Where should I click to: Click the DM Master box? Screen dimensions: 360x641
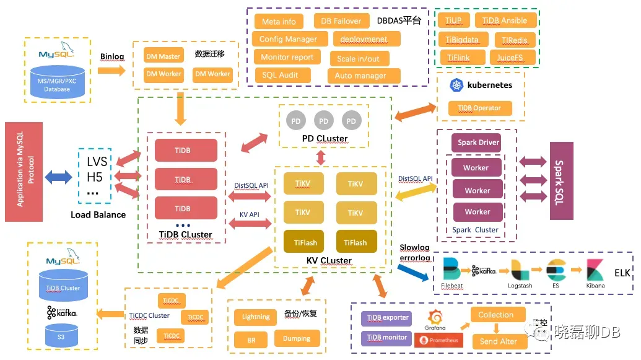click(164, 56)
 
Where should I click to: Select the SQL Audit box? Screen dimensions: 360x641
click(280, 75)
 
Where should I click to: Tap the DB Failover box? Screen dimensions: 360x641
click(341, 21)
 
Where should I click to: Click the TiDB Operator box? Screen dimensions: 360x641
click(480, 108)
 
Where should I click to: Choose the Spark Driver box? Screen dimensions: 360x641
click(478, 143)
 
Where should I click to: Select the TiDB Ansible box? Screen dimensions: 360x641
click(505, 20)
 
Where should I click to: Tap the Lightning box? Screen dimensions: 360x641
click(256, 317)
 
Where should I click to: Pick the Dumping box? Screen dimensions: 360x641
click(297, 338)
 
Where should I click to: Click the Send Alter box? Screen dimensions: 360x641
click(499, 341)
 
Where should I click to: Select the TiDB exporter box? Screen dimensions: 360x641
click(388, 318)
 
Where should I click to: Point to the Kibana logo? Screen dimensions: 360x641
click(596, 270)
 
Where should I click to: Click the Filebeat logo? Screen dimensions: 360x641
click(452, 270)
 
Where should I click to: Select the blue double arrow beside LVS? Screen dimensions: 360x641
click(58, 177)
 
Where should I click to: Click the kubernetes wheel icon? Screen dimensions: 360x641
click(458, 85)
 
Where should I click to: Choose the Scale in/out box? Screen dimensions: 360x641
click(359, 59)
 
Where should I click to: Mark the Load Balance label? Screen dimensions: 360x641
click(98, 215)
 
